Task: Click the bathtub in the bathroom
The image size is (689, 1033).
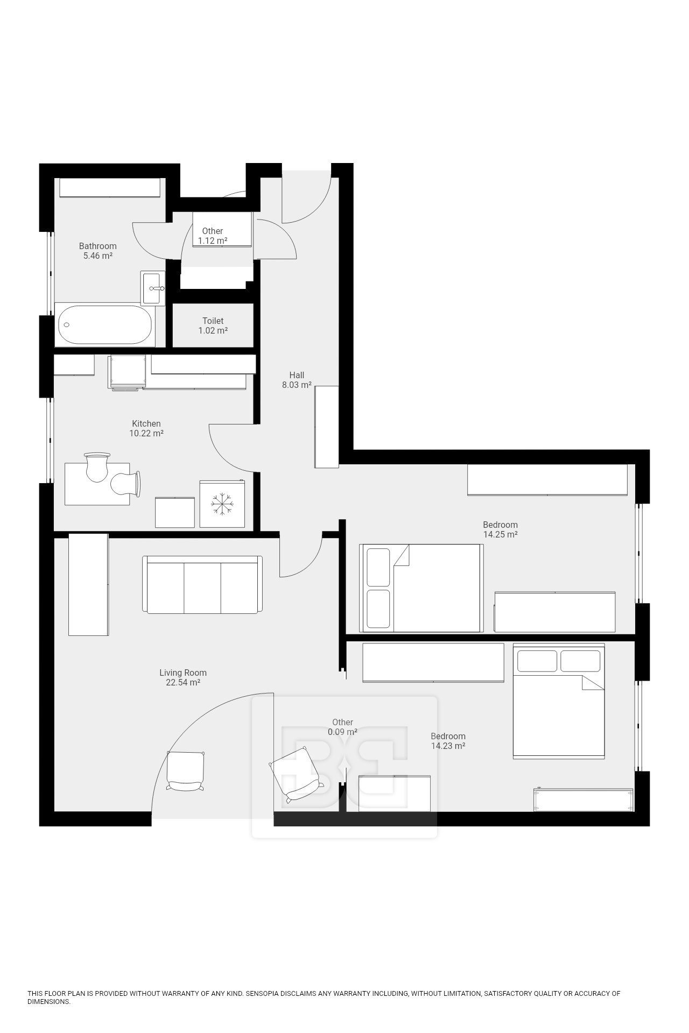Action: pyautogui.click(x=104, y=326)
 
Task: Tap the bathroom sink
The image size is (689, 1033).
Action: pyautogui.click(x=154, y=288)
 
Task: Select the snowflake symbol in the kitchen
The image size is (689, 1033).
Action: pyautogui.click(x=222, y=504)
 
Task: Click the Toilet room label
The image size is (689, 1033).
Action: pyautogui.click(x=213, y=321)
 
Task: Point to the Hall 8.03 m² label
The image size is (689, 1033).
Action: pyautogui.click(x=297, y=380)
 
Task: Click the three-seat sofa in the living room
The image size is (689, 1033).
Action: pyautogui.click(x=202, y=585)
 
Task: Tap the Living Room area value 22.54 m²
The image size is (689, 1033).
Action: pyautogui.click(x=183, y=683)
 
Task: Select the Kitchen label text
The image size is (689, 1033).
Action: pyautogui.click(x=146, y=423)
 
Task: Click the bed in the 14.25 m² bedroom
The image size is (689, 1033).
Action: pyautogui.click(x=421, y=588)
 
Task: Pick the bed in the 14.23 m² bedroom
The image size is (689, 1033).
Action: pyautogui.click(x=558, y=701)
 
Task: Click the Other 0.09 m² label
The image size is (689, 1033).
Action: pyautogui.click(x=342, y=727)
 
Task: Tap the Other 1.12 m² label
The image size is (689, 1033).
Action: pyautogui.click(x=213, y=236)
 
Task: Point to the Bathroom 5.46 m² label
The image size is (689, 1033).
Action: pyautogui.click(x=97, y=251)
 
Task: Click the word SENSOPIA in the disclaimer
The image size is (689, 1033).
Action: pyautogui.click(x=262, y=994)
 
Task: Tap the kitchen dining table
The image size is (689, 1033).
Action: pyautogui.click(x=97, y=484)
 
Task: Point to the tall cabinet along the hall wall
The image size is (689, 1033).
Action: pyautogui.click(x=326, y=426)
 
